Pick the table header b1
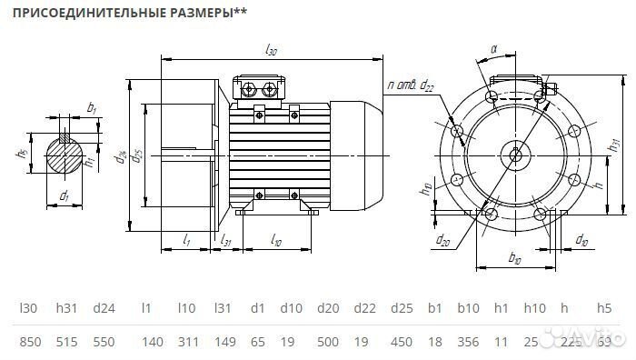pos(435,309)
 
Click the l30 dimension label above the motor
pos(271,53)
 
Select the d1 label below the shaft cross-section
pos(65,195)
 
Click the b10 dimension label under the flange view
pos(513,260)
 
